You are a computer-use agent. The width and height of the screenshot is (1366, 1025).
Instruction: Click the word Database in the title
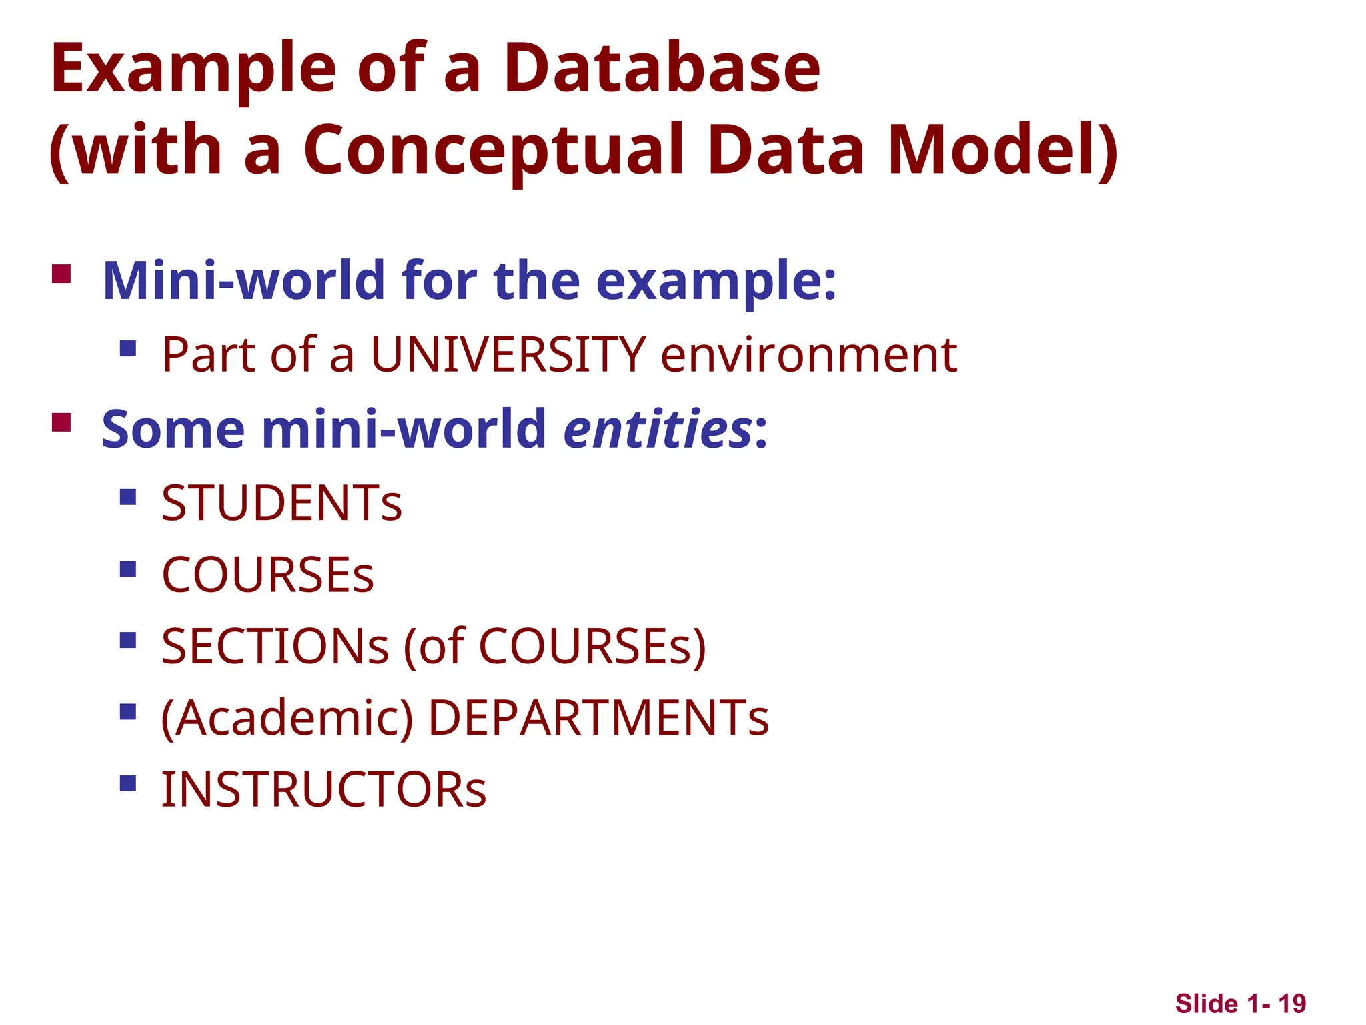tap(662, 68)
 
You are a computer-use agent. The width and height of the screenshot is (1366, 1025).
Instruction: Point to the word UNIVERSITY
tap(508, 354)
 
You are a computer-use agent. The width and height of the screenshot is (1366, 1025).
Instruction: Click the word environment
tap(808, 354)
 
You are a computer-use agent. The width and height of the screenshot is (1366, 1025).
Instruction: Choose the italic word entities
tap(658, 428)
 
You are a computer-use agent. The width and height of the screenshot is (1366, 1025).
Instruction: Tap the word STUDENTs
tap(281, 503)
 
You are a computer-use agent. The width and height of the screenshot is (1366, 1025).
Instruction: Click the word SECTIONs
tap(275, 647)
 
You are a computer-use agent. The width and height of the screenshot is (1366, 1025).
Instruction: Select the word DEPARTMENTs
tap(598, 719)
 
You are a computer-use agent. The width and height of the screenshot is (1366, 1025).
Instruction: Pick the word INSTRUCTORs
tap(324, 790)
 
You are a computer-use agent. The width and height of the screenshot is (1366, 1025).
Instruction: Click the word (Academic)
tap(287, 719)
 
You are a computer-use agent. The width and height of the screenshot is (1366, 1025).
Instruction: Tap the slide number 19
tap(1292, 1004)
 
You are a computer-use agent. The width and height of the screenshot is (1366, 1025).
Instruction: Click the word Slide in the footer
tap(1206, 1004)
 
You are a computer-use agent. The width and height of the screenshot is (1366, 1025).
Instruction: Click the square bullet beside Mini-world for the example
tap(61, 274)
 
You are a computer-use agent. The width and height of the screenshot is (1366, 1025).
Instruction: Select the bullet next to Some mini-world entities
tap(61, 423)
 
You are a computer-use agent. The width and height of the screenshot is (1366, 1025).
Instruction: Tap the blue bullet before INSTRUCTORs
tap(128, 783)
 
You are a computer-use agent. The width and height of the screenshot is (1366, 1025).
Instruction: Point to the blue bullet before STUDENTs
tap(128, 497)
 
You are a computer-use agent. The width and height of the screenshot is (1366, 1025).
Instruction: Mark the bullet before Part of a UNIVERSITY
tap(128, 348)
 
